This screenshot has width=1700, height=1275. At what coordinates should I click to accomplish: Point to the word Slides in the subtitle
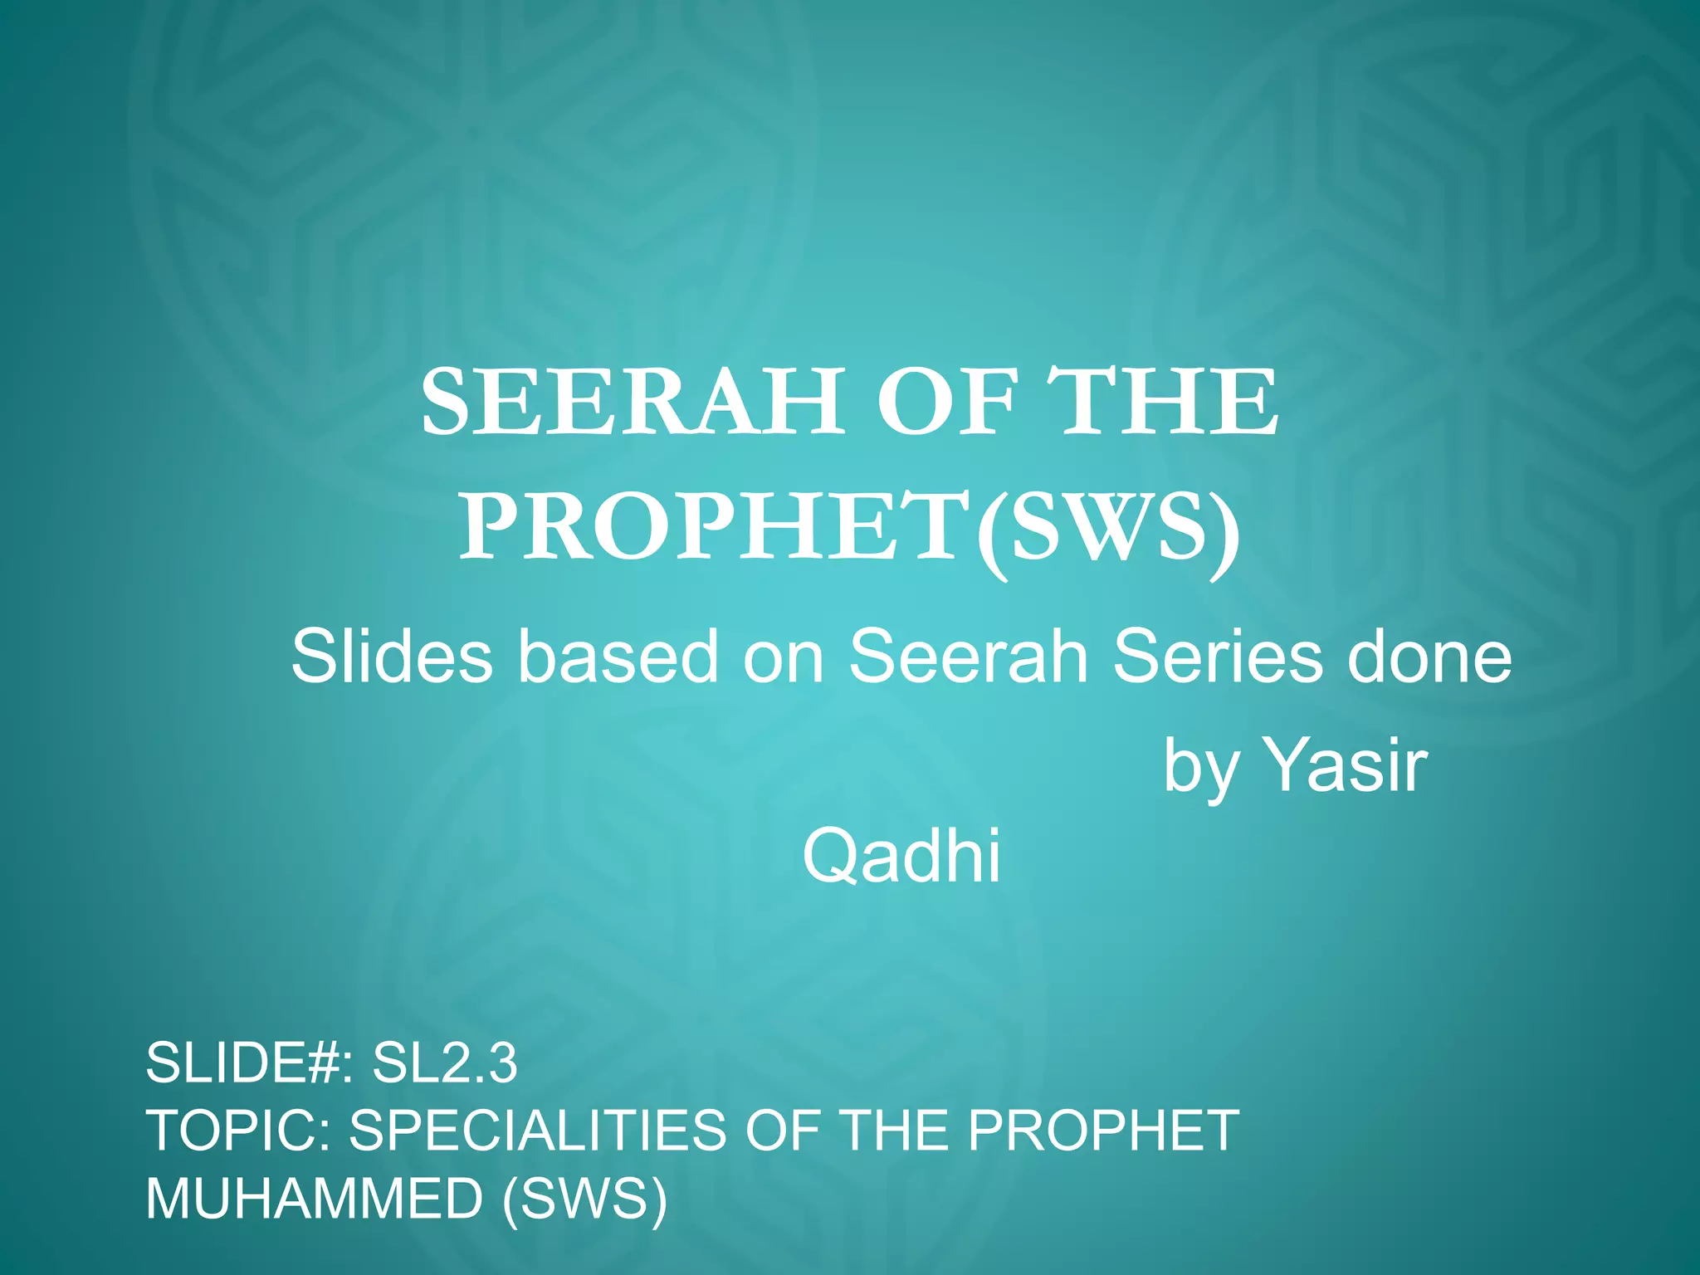coord(391,657)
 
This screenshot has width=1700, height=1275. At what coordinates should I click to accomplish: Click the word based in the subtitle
coord(618,657)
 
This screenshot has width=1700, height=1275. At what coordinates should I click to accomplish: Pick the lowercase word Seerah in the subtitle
coord(968,657)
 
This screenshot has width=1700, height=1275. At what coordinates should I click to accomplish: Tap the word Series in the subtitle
coord(1217,657)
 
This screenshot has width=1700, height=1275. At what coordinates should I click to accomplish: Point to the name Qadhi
coord(902,857)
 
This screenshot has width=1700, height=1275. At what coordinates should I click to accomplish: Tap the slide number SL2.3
coord(445,1063)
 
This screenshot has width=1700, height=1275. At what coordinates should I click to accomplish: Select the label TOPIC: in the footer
coord(237,1131)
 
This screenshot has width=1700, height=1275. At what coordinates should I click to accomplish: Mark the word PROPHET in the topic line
coord(1103,1131)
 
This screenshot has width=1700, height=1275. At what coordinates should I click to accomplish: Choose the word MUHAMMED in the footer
coord(314,1199)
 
